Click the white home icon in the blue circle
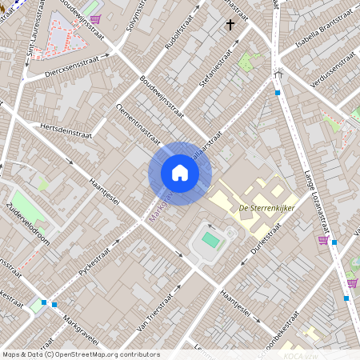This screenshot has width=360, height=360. (x=180, y=173)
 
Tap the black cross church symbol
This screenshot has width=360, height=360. (x=230, y=25)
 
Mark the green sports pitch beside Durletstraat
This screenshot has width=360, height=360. (x=210, y=239)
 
